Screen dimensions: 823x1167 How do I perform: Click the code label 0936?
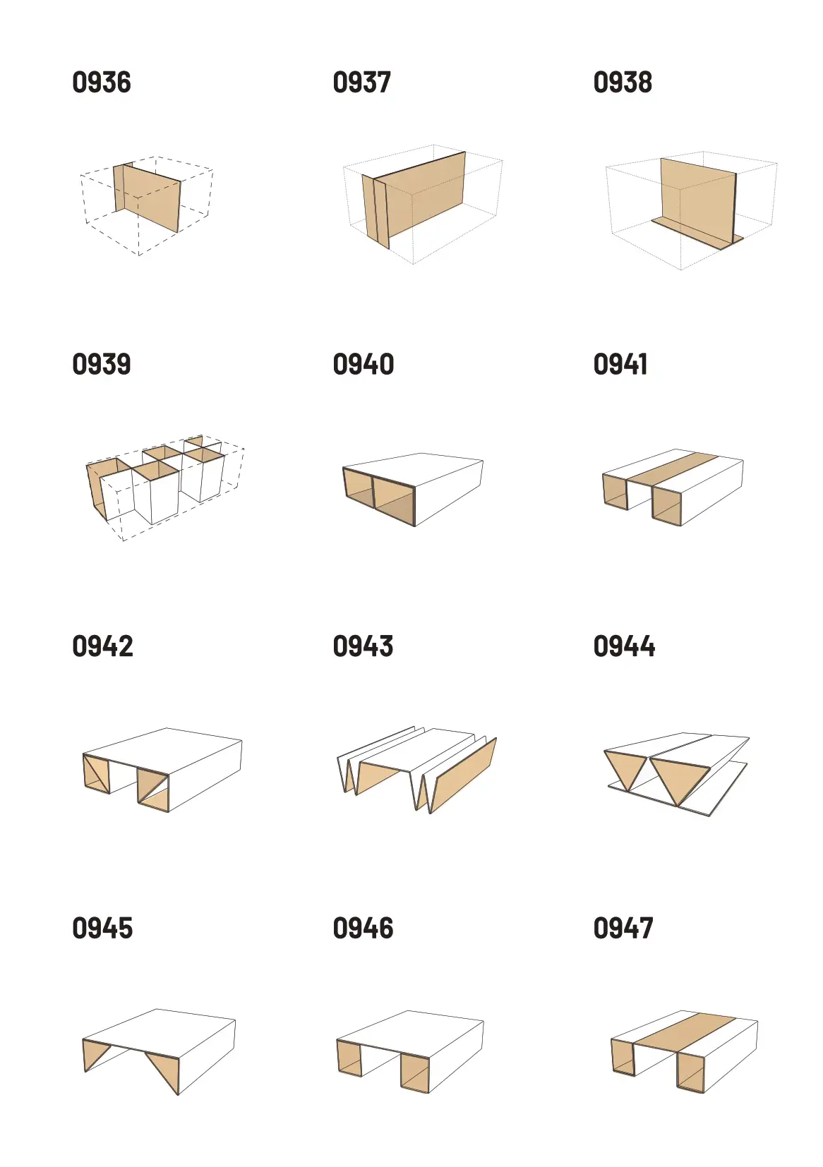tap(102, 83)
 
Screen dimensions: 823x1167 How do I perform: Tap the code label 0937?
tap(361, 83)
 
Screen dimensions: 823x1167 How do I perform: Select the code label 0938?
tap(623, 83)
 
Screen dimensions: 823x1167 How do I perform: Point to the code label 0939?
tap(102, 364)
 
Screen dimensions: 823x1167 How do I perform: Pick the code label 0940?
tap(364, 364)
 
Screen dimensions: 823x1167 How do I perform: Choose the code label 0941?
tap(620, 364)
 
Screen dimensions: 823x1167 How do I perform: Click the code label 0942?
tap(102, 646)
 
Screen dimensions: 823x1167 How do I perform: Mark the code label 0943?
tap(363, 646)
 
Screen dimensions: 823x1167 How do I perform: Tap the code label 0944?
tap(625, 646)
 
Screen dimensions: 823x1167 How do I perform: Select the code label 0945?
tap(102, 928)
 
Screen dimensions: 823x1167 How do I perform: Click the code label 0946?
tap(364, 928)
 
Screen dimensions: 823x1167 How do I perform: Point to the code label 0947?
tap(623, 928)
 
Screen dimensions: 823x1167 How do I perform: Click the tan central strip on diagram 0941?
tap(673, 471)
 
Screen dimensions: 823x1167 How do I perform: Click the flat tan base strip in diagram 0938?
tap(697, 233)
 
